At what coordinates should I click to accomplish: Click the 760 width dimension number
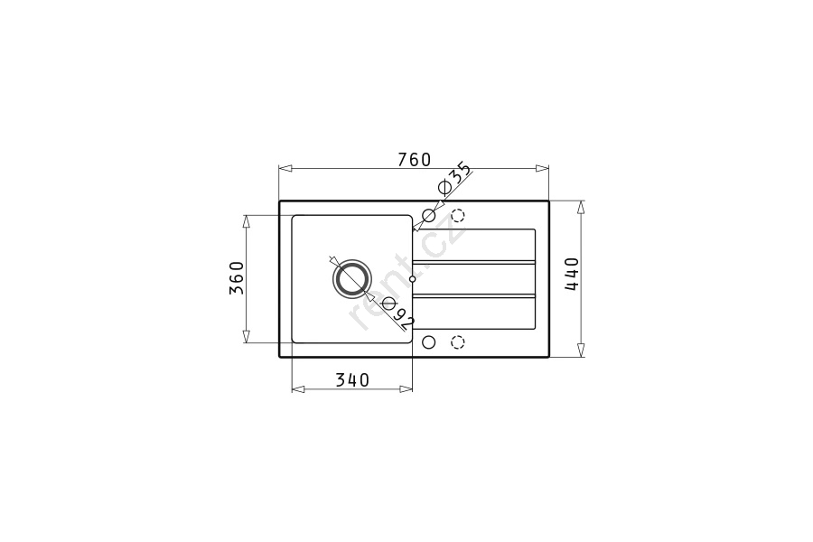(415, 160)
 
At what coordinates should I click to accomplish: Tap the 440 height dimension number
(572, 274)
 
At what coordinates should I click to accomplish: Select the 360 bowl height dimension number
(237, 277)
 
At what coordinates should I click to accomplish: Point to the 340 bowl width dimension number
(352, 380)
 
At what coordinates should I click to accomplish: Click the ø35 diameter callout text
(454, 179)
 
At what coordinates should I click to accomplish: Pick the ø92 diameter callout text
(398, 313)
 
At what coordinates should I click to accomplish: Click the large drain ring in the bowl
(352, 278)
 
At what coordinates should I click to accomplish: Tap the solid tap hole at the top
(429, 215)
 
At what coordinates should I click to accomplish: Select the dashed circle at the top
(458, 215)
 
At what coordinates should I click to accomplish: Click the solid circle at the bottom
(429, 342)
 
